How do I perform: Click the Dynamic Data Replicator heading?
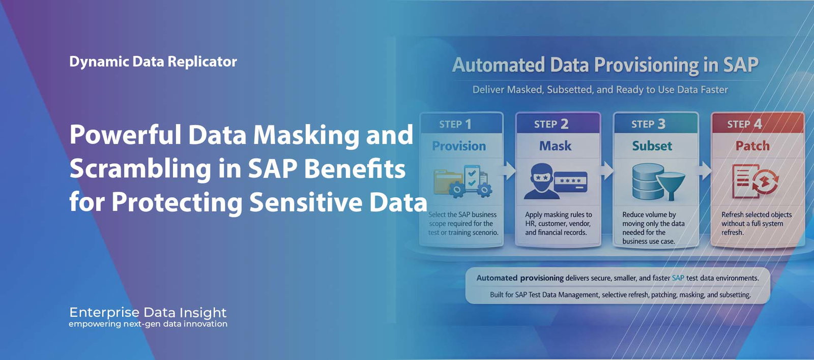(x=153, y=62)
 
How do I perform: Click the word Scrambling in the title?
(x=140, y=169)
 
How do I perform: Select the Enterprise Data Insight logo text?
(x=148, y=312)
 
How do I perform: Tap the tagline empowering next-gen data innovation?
(x=148, y=324)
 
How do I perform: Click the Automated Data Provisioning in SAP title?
(x=605, y=65)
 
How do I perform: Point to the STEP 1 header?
(x=455, y=124)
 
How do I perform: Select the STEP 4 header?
(x=744, y=124)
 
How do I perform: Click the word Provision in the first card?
(x=459, y=146)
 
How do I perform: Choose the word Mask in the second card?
(x=555, y=146)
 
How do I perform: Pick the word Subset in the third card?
(x=652, y=146)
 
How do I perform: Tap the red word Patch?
(x=752, y=146)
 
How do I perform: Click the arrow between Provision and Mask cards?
(x=509, y=170)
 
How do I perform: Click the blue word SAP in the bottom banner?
(x=678, y=278)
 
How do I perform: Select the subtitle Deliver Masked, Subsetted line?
(x=600, y=90)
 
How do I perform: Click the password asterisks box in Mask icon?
(x=570, y=182)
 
